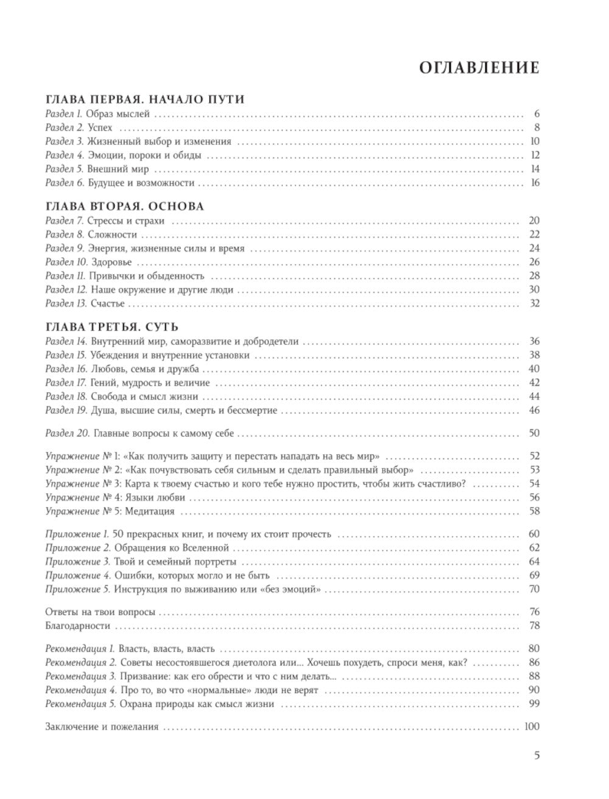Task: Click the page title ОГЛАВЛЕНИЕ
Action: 479,68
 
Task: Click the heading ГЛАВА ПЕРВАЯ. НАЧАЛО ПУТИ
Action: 145,100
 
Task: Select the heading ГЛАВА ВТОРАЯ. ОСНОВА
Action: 125,206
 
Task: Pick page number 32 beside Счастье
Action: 535,303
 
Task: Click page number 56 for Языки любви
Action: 535,498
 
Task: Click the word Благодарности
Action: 78,626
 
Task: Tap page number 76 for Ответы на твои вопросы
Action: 535,612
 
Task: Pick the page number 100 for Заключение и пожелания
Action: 532,727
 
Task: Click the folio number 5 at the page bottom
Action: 537,756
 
